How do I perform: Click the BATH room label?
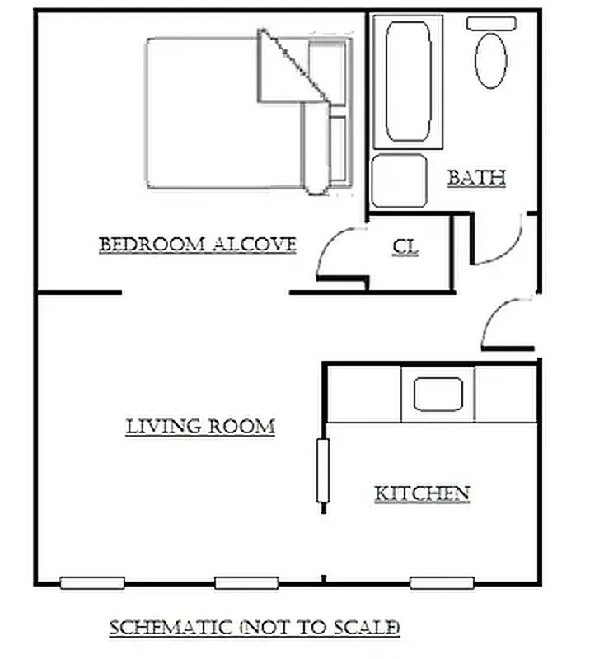(x=475, y=177)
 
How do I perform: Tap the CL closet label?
(x=405, y=246)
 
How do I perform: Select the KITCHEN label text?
(x=422, y=493)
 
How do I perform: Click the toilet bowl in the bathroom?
(x=492, y=60)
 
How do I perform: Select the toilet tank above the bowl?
(x=492, y=23)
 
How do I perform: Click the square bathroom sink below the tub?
(x=399, y=180)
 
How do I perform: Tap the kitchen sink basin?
(x=438, y=394)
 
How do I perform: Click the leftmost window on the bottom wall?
(x=92, y=583)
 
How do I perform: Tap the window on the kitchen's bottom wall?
(x=442, y=583)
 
